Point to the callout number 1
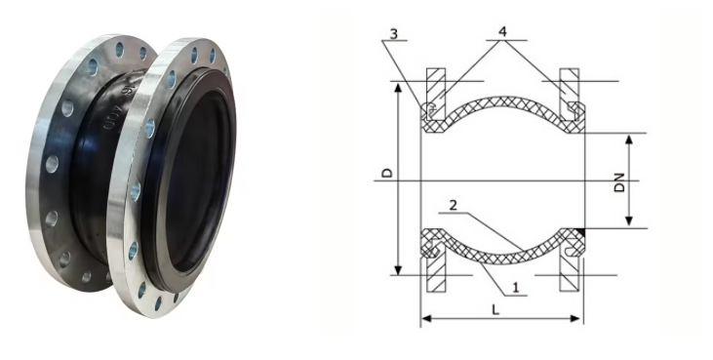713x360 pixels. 514,288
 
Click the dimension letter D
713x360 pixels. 387,173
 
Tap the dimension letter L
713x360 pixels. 496,309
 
